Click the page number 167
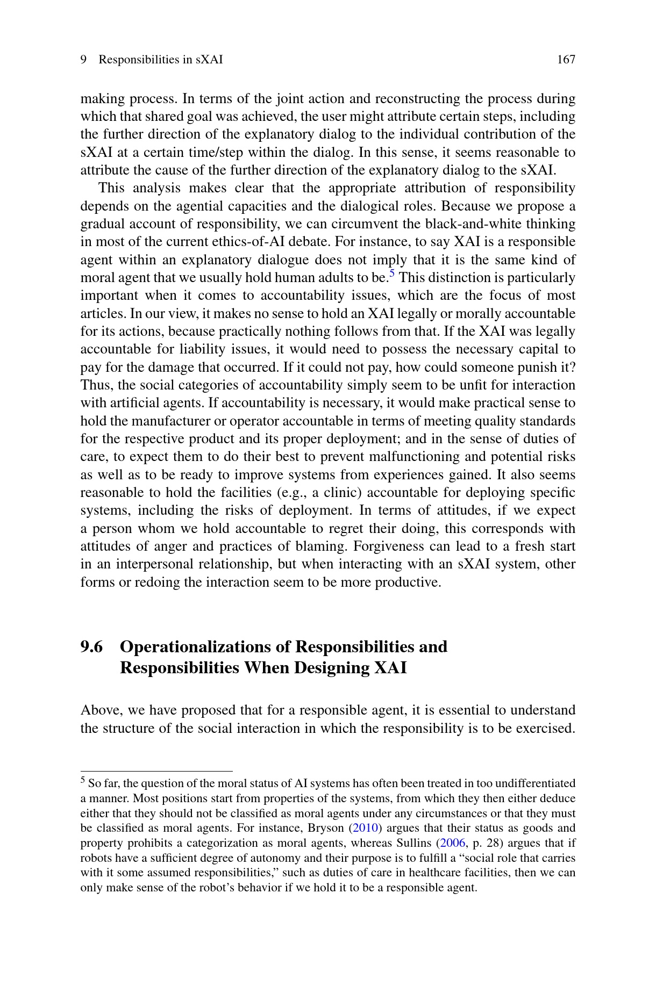[566, 60]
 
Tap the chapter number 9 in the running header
[83, 60]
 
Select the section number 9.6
[91, 646]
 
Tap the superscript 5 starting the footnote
[83, 780]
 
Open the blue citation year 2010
[366, 828]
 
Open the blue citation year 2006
[452, 843]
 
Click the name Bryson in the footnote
[325, 828]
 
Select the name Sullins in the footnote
[415, 843]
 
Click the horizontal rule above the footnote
[156, 770]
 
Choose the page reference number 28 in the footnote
[493, 843]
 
